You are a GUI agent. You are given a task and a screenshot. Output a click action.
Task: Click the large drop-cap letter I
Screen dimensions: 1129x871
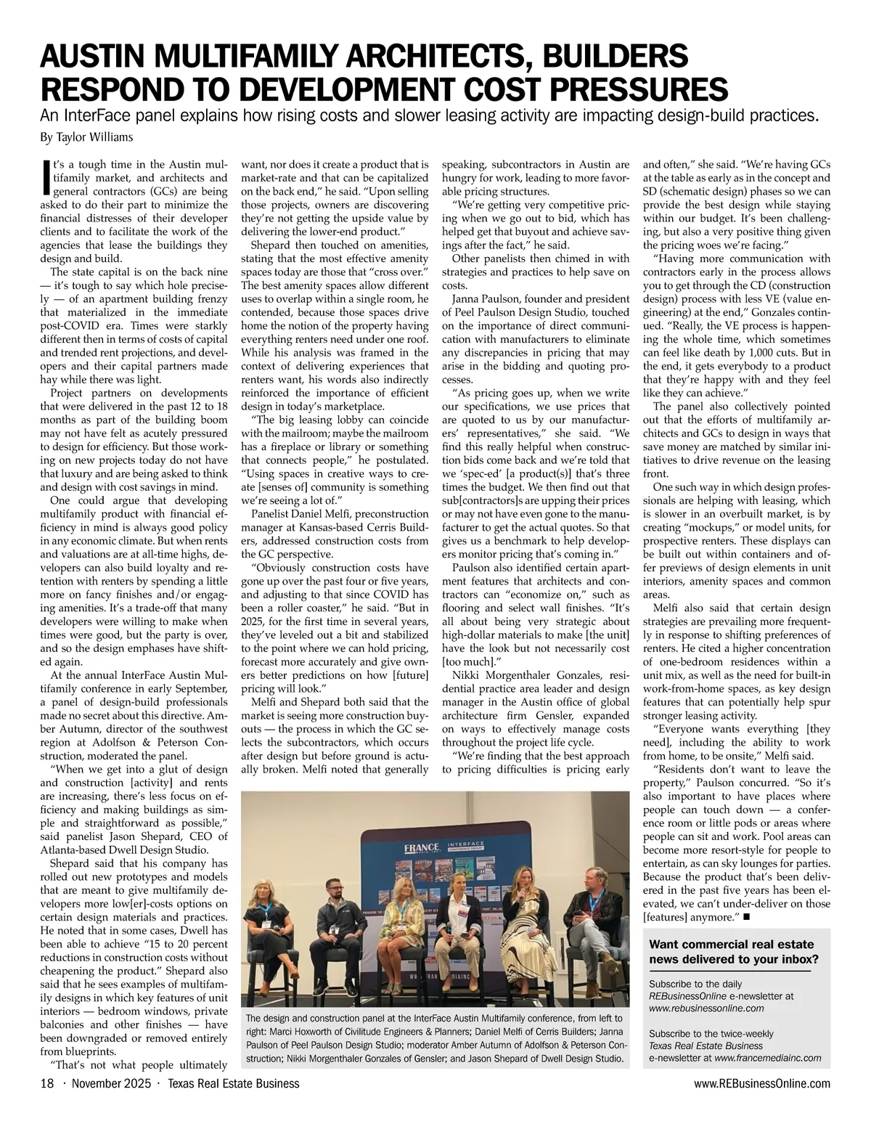47,177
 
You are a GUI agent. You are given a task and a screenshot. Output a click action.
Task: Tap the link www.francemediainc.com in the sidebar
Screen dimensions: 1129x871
768,1058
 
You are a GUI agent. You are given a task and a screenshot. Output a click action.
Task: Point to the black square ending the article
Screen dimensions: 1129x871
747,917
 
